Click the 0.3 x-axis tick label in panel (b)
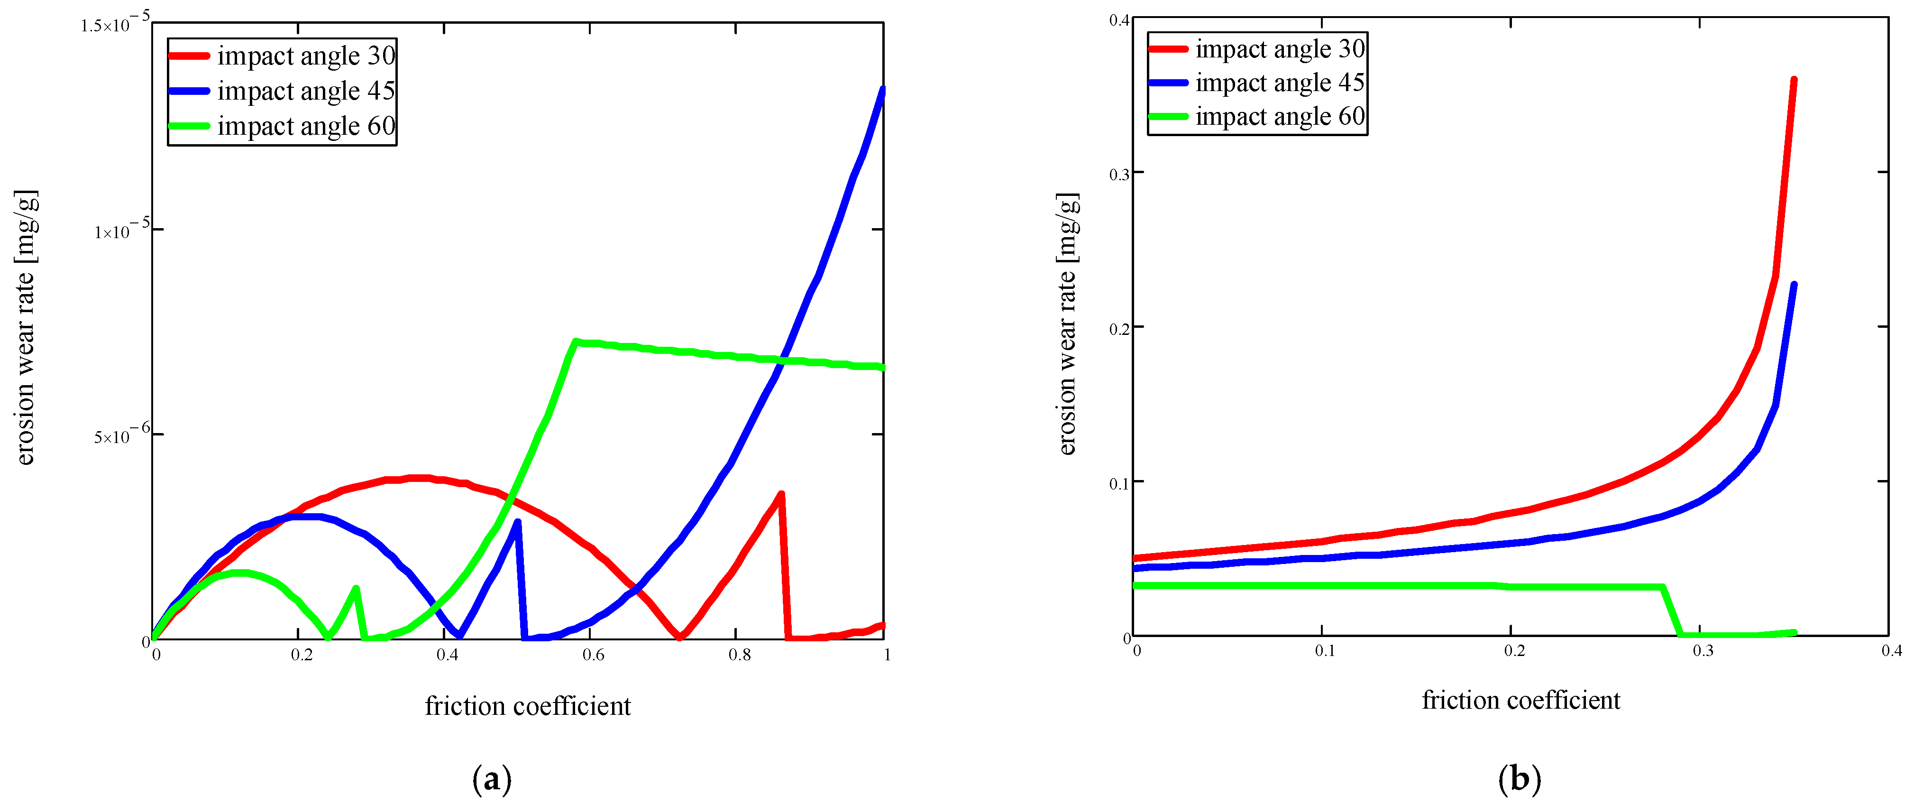pos(1703,651)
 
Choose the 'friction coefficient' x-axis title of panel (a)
pos(528,706)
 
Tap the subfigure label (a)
pos(492,779)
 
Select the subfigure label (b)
pos(1520,779)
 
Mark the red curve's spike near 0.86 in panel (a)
pos(781,494)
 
